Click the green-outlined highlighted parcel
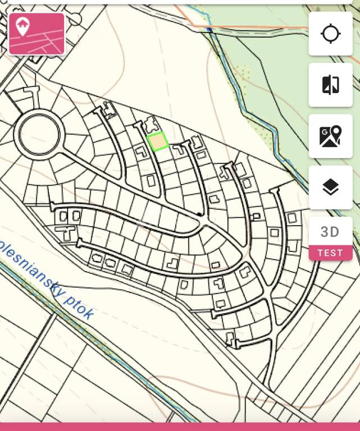[x=158, y=141]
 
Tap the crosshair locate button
[x=331, y=34]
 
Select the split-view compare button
[x=331, y=85]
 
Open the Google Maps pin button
[x=331, y=136]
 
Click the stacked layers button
[x=331, y=187]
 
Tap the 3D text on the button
[x=330, y=232]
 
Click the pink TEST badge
[x=330, y=253]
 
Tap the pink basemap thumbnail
[x=37, y=34]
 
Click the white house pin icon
[x=22, y=26]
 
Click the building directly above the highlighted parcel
[x=151, y=125]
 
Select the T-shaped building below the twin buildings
[x=67, y=232]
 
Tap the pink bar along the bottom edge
[x=180, y=427]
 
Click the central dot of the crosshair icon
[x=331, y=34]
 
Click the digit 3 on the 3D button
[x=325, y=232]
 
